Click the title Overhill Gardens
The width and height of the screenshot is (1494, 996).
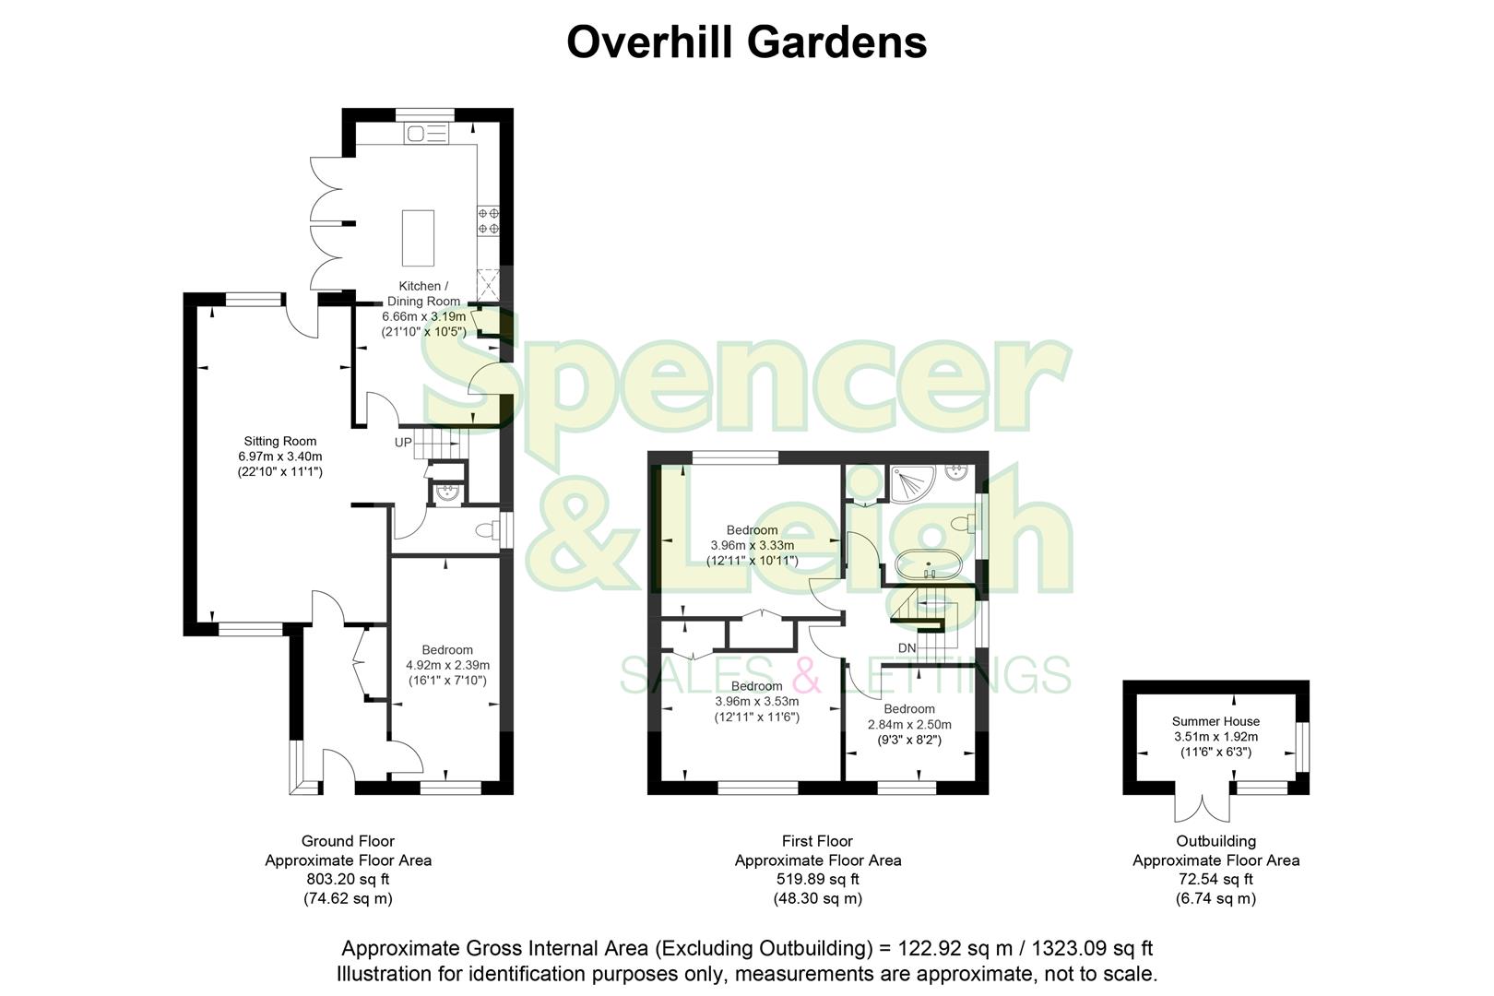tap(746, 42)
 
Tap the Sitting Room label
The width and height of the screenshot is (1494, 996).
tap(280, 441)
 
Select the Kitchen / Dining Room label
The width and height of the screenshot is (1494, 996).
tap(423, 293)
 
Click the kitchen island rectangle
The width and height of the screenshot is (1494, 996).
tap(418, 238)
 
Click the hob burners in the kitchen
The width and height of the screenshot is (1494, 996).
tap(489, 220)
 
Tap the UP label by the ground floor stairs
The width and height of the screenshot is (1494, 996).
tap(403, 443)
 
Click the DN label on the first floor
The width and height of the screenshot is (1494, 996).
tap(907, 648)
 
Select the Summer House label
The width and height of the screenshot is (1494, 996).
tap(1215, 721)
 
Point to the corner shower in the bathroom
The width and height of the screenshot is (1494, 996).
tap(911, 482)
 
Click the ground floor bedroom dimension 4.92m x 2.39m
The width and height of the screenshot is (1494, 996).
tap(447, 665)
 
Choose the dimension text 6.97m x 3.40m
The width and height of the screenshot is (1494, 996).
tap(280, 456)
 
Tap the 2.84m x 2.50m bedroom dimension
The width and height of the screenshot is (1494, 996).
tap(909, 725)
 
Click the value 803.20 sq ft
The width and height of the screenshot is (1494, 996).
tap(348, 879)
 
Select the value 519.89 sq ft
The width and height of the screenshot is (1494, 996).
tap(817, 879)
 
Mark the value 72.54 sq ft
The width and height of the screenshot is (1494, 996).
tap(1215, 879)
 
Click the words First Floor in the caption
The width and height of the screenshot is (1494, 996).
tap(817, 841)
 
